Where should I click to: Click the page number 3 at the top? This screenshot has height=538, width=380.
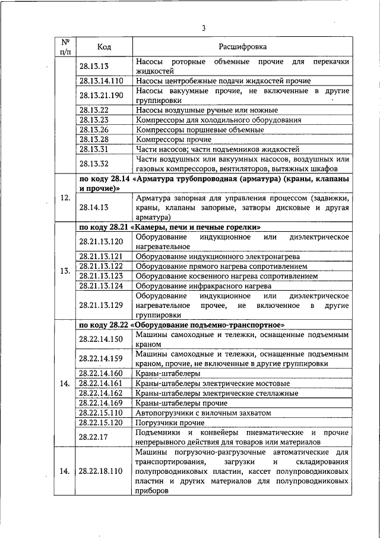point(203,28)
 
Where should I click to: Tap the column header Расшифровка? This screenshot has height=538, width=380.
point(242,46)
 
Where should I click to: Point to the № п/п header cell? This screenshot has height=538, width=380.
point(66,46)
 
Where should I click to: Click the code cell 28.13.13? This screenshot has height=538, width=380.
point(94,66)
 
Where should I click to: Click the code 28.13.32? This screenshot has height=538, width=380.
point(94,163)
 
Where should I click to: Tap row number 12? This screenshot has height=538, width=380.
point(66,197)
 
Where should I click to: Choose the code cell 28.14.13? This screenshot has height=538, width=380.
point(94,208)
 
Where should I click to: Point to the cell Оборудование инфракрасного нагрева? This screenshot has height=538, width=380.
point(195,286)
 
